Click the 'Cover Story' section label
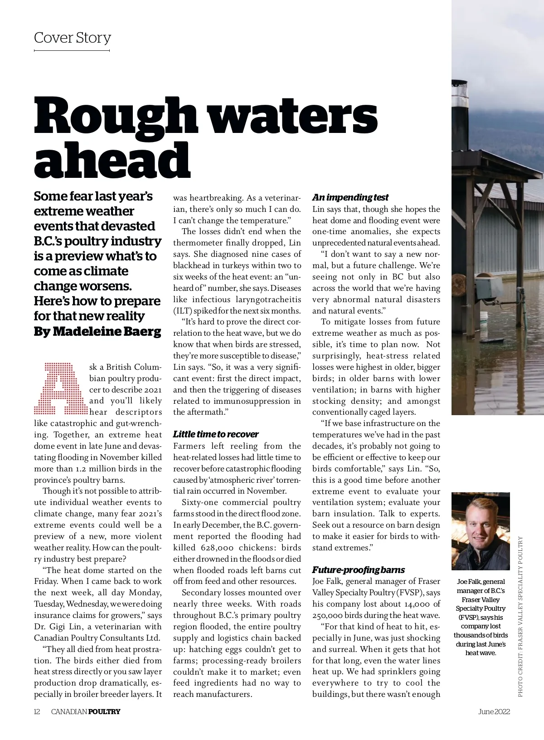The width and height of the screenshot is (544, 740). click(73, 38)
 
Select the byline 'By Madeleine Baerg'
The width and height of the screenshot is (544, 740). click(97, 331)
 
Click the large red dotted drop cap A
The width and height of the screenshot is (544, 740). click(60, 389)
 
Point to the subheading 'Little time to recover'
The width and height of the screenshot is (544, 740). click(216, 434)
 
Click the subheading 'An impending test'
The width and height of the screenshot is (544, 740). click(350, 197)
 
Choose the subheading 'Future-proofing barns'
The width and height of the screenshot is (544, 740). click(358, 570)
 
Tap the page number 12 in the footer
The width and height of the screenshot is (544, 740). click(37, 711)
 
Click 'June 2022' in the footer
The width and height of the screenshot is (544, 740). click(494, 711)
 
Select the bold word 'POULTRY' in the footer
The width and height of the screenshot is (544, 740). click(104, 711)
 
